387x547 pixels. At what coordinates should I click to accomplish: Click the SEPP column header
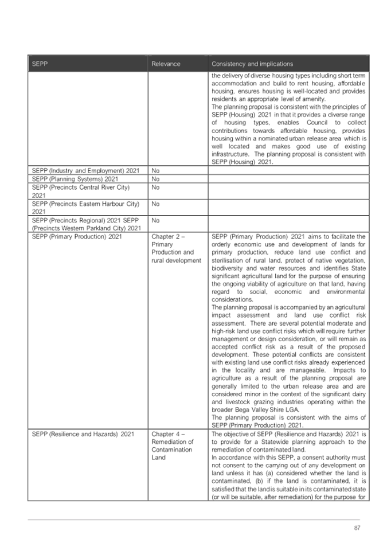40,64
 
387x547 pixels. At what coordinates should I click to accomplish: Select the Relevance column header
166,64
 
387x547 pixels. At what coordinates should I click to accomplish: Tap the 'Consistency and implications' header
252,64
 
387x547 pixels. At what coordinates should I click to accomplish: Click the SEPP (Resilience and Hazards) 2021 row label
83,434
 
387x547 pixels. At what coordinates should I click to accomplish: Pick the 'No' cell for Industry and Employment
155,171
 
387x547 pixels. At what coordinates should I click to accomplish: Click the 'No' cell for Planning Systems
155,179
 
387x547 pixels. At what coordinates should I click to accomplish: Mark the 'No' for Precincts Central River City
155,187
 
